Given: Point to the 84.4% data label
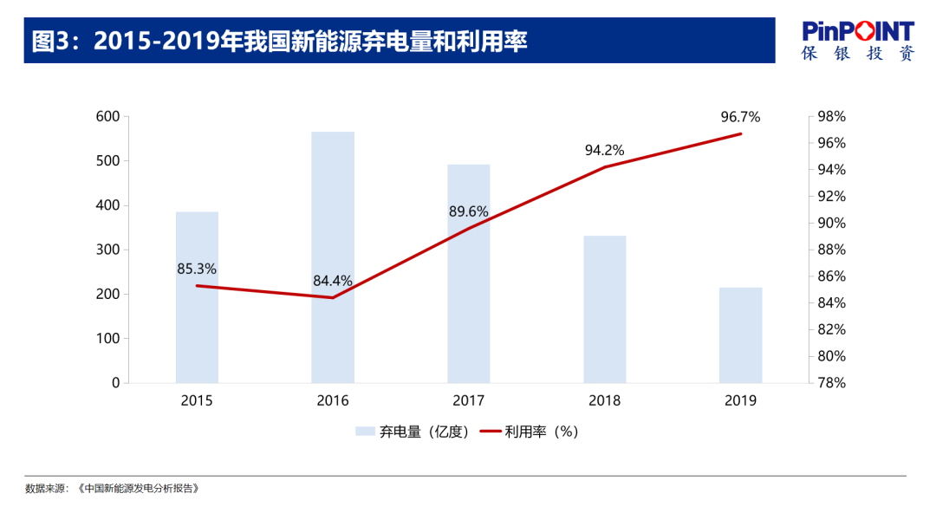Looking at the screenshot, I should [x=333, y=281].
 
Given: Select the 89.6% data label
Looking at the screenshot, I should [x=469, y=211].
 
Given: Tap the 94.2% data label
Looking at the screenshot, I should [x=604, y=150].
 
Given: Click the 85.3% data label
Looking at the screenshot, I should [x=197, y=269].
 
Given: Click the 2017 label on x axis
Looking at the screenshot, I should [x=469, y=400].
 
